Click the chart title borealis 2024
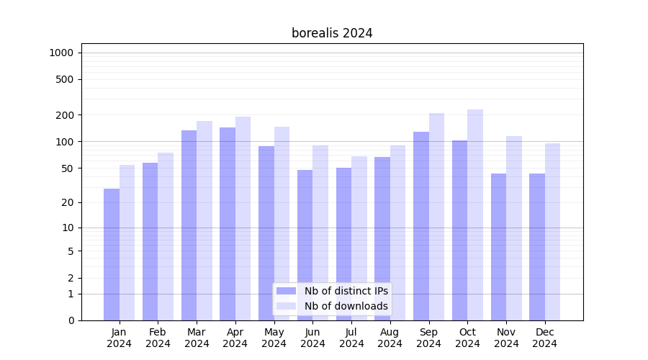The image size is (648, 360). (332, 33)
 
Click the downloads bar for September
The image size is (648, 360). (436, 216)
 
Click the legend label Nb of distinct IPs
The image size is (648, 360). (346, 291)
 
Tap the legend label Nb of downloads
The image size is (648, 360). (346, 306)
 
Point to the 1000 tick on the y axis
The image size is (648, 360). (61, 53)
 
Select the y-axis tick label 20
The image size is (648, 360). (68, 202)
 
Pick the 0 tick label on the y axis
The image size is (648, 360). (71, 320)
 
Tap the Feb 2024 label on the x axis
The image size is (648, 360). (158, 338)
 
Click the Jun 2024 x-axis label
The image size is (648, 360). (312, 338)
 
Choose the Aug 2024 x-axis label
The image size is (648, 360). (390, 338)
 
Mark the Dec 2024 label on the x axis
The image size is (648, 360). (545, 338)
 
